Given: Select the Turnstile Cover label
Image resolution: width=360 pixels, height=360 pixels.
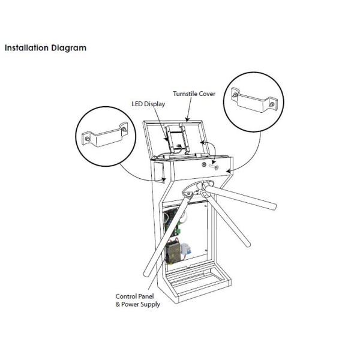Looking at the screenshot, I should [x=194, y=94].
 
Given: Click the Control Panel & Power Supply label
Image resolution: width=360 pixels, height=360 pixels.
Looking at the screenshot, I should [x=137, y=301].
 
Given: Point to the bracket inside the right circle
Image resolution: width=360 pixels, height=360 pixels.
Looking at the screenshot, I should [x=254, y=100].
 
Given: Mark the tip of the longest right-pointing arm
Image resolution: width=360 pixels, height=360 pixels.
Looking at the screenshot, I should [x=274, y=206].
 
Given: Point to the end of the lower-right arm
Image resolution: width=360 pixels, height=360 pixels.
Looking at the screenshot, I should [x=246, y=244].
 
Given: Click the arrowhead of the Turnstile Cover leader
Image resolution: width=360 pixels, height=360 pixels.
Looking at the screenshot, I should [x=187, y=119].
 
